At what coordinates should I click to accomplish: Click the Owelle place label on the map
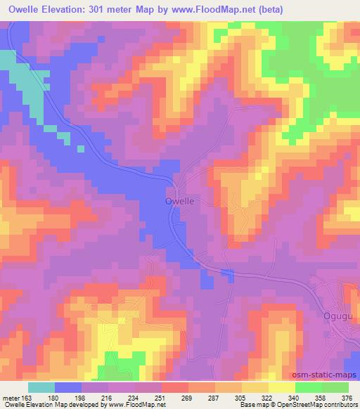179,201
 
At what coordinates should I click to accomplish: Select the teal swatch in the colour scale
41,387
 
